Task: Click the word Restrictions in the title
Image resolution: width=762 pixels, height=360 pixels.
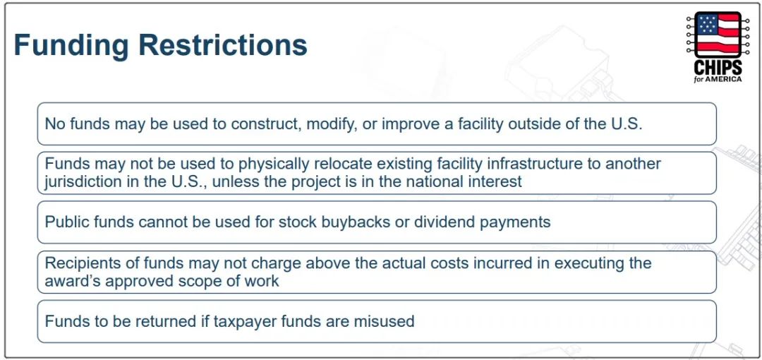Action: [223, 44]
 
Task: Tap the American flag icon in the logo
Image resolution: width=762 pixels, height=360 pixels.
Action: [718, 35]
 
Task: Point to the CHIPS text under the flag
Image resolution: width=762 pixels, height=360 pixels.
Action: [718, 67]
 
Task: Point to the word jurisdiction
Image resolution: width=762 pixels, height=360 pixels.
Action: [76, 182]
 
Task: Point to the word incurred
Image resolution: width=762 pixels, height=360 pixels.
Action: [518, 263]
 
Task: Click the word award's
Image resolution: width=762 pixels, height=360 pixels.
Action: [71, 281]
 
